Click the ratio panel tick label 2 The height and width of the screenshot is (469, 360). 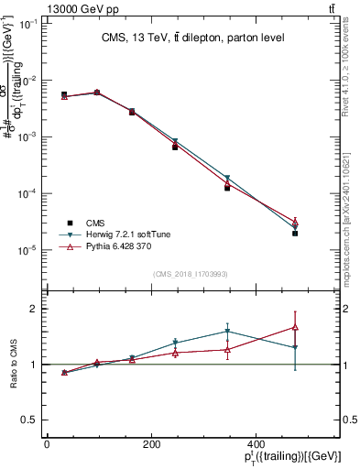click(32, 309)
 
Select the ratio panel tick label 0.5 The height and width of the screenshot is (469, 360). click(28, 420)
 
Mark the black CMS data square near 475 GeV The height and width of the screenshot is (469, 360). click(295, 234)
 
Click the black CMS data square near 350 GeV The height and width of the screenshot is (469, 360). click(226, 188)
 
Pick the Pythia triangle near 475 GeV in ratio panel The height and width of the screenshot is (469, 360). click(295, 327)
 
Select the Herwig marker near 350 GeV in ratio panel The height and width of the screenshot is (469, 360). click(226, 332)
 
